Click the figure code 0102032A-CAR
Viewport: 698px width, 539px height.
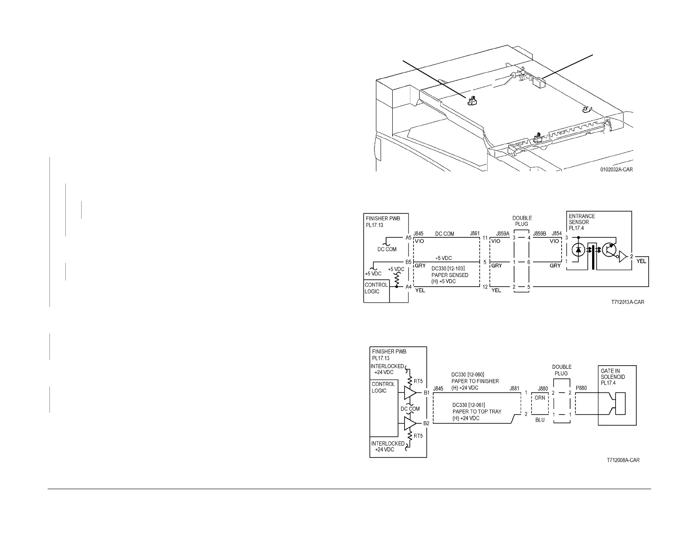click(x=616, y=169)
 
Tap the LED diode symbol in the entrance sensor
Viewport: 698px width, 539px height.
click(x=578, y=250)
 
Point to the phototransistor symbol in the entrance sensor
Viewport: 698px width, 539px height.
click(x=609, y=250)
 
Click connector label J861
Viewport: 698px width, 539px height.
click(x=475, y=233)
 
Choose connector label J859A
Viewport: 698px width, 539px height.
click(x=503, y=233)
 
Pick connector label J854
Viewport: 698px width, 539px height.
click(x=556, y=233)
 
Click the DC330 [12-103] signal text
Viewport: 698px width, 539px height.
click(x=448, y=268)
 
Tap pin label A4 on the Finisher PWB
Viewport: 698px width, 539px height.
click(x=409, y=287)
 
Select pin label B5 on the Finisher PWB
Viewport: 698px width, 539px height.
click(x=409, y=262)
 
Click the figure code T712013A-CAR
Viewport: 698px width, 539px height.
click(x=627, y=303)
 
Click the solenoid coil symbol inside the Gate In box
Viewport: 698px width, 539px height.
click(x=620, y=402)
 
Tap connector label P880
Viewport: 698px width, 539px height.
click(x=581, y=389)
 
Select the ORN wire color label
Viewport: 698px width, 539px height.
click(x=540, y=397)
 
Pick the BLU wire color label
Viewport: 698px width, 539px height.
click(x=540, y=420)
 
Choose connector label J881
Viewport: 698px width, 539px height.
click(x=514, y=389)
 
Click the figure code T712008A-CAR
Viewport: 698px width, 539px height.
click(x=623, y=460)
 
